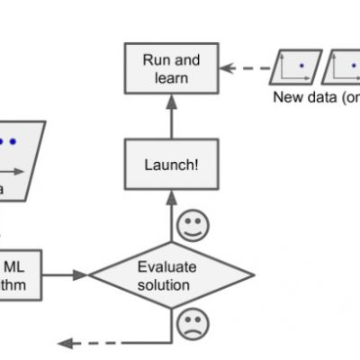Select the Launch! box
point(170,165)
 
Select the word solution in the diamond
point(164,284)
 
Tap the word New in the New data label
point(288,96)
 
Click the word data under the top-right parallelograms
point(319,96)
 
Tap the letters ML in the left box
point(14,265)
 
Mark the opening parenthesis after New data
point(342,96)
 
